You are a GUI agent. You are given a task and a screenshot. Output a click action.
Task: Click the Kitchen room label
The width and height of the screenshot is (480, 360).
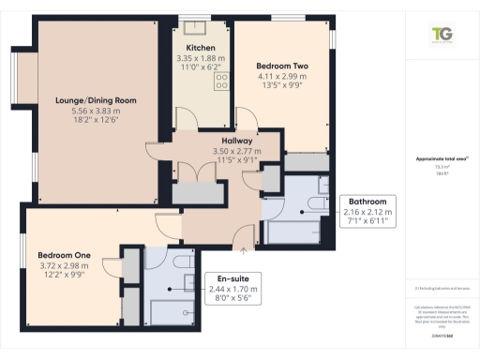click(201, 47)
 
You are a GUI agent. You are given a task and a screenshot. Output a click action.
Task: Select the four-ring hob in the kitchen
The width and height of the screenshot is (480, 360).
click(224, 83)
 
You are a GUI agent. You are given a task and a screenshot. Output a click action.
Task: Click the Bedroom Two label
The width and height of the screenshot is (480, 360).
click(279, 66)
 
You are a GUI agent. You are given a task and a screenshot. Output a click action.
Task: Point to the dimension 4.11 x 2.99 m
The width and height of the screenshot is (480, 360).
click(279, 77)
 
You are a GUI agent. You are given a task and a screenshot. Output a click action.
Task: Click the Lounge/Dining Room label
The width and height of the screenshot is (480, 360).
click(97, 100)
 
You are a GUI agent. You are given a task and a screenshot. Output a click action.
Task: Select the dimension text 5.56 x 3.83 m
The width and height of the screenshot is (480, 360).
click(97, 112)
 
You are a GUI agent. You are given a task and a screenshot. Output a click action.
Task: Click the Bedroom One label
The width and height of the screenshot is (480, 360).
click(65, 255)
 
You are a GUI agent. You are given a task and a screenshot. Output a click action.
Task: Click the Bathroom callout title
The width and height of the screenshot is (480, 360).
click(367, 202)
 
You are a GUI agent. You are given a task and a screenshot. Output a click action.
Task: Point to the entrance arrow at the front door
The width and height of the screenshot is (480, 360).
click(245, 249)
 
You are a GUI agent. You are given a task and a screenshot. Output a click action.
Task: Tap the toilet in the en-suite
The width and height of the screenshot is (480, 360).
click(178, 264)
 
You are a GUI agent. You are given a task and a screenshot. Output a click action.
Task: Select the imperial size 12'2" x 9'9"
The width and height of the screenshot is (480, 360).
click(65, 277)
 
